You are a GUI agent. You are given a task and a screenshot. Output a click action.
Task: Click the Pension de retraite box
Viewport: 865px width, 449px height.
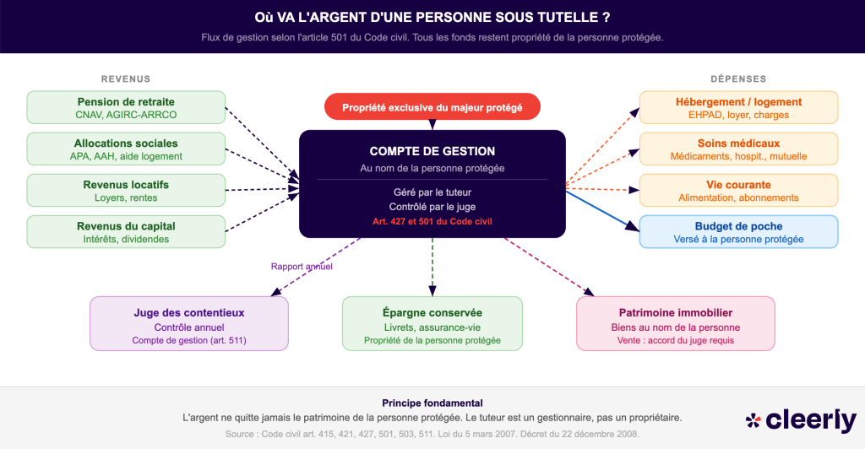[126, 107]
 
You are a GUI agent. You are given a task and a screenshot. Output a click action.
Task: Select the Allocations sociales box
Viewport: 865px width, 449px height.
[126, 149]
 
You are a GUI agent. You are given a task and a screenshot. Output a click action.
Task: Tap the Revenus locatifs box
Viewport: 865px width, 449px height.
[126, 190]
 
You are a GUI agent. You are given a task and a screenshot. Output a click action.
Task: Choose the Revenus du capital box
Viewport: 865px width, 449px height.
[126, 231]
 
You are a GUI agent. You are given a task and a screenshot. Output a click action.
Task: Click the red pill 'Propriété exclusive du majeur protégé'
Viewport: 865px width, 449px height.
[432, 107]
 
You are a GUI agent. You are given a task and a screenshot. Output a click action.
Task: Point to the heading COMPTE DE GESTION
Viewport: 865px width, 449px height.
[432, 151]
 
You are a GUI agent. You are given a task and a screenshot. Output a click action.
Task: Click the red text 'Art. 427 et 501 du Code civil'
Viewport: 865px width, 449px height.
[432, 221]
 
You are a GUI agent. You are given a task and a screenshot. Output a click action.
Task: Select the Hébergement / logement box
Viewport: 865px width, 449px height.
[738, 107]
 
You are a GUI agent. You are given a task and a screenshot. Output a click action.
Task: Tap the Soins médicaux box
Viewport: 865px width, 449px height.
[738, 149]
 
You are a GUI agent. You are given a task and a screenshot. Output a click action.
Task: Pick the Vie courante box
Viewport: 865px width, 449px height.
[738, 190]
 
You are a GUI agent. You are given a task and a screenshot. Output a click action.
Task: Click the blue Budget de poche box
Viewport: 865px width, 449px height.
[738, 231]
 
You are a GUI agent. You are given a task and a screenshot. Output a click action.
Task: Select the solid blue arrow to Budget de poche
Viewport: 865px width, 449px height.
[600, 209]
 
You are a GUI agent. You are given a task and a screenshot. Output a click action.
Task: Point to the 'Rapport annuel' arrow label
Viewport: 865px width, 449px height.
[302, 267]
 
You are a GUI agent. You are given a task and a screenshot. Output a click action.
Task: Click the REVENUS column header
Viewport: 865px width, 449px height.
[126, 79]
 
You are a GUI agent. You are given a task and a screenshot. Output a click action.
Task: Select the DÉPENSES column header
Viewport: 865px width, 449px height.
[738, 79]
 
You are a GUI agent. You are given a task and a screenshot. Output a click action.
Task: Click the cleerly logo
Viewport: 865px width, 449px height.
[801, 419]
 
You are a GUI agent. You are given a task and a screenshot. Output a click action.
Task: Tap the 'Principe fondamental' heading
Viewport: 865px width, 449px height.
[432, 403]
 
